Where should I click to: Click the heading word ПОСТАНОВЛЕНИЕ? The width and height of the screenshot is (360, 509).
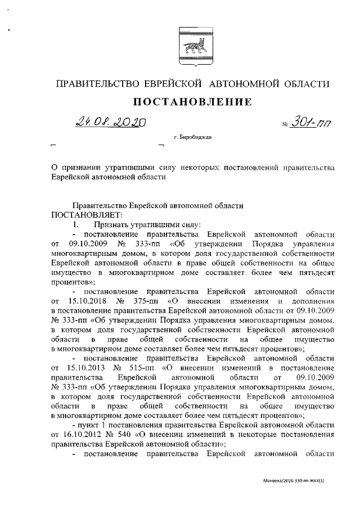191,102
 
